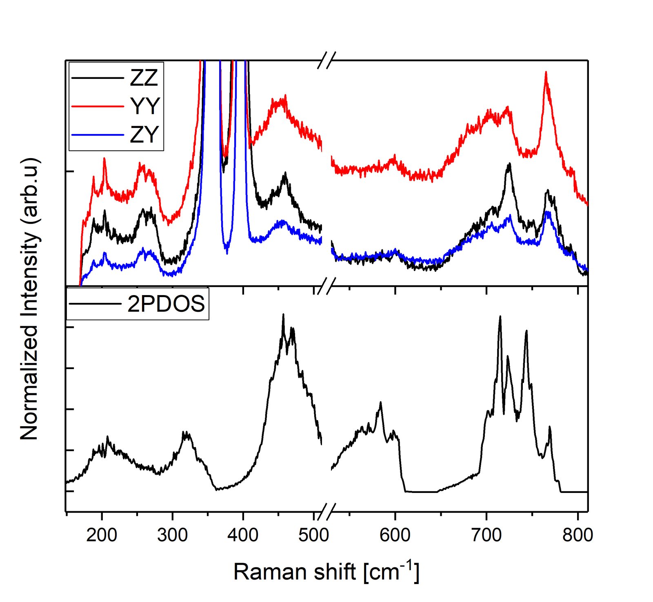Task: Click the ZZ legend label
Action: [144, 78]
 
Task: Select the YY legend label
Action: [145, 106]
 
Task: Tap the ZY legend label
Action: [144, 134]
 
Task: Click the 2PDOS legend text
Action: [166, 304]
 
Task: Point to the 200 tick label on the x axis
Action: [102, 535]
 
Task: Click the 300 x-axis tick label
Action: [172, 535]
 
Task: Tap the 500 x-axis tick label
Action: [313, 535]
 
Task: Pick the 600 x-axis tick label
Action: [395, 535]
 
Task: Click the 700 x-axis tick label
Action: [486, 535]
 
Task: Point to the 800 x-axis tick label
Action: [577, 535]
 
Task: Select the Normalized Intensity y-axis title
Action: [30, 298]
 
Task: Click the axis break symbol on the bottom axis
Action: [326, 511]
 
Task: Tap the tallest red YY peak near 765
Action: [546, 73]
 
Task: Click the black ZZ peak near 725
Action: [509, 164]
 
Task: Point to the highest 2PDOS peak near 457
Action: [283, 315]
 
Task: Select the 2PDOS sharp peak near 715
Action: [500, 317]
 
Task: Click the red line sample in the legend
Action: [97, 106]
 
